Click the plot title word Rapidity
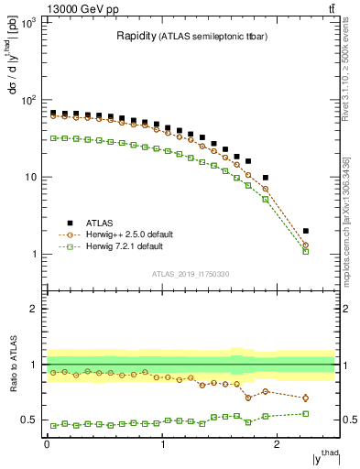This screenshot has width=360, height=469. [135, 37]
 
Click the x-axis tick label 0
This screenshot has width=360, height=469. [47, 445]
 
